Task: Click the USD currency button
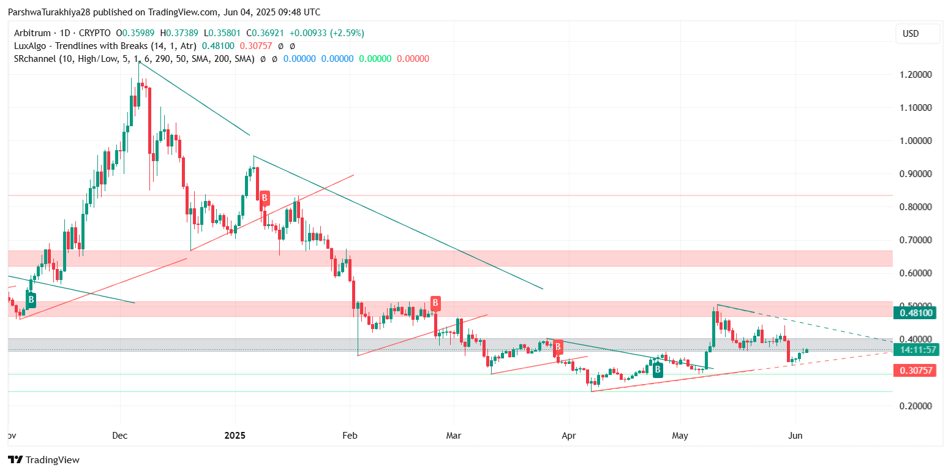pyautogui.click(x=917, y=34)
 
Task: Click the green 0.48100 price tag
pyautogui.click(x=916, y=312)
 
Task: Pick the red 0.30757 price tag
pyautogui.click(x=916, y=370)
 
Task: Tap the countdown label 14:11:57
pyautogui.click(x=916, y=350)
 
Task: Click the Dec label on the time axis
pyautogui.click(x=120, y=436)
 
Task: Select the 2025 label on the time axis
pyautogui.click(x=235, y=436)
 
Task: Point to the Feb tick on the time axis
pyautogui.click(x=349, y=436)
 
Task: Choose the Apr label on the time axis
pyautogui.click(x=569, y=436)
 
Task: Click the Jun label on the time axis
pyautogui.click(x=795, y=436)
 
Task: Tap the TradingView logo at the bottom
pyautogui.click(x=43, y=460)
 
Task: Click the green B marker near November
pyautogui.click(x=31, y=300)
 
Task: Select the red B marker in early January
pyautogui.click(x=264, y=198)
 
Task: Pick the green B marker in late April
pyautogui.click(x=657, y=369)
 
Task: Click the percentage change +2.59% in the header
pyautogui.click(x=347, y=33)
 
